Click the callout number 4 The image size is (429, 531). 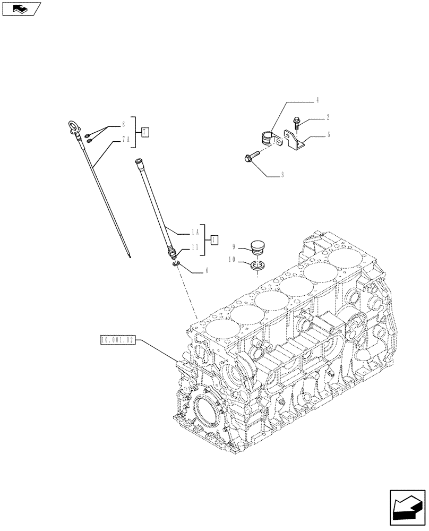pos(318,100)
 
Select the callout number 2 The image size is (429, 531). pos(328,117)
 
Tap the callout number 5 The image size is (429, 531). pos(329,135)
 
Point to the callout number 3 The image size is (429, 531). pos(282,175)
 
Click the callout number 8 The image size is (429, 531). pos(123,125)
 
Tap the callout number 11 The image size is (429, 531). pos(196,247)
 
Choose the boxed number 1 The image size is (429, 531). pos(214,239)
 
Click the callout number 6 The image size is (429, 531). pos(206,270)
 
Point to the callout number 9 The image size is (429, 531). pos(233,247)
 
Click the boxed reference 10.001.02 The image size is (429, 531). pos(117,339)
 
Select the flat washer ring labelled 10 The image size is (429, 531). pos(257,265)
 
